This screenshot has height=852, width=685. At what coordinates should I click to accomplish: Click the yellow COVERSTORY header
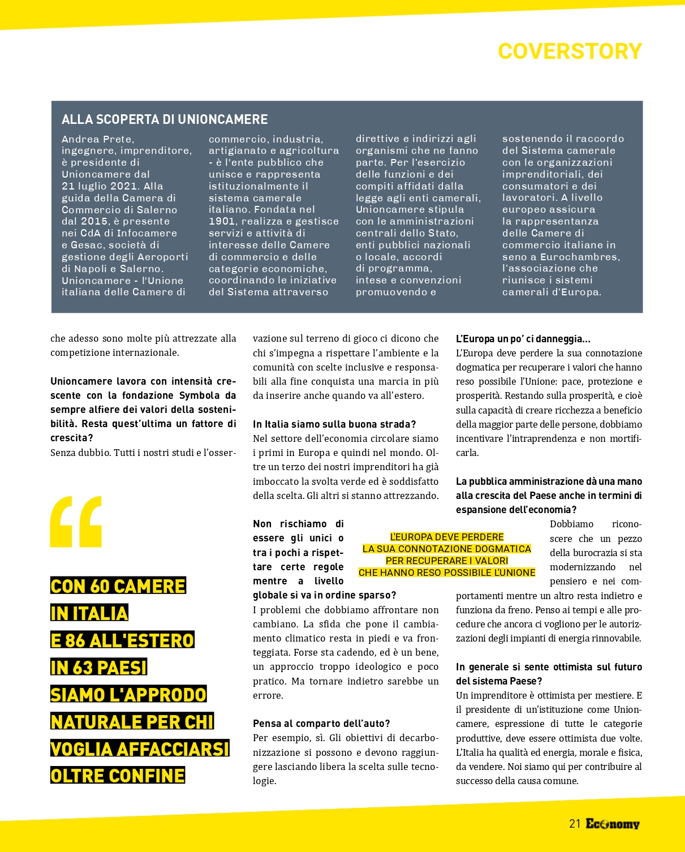click(570, 51)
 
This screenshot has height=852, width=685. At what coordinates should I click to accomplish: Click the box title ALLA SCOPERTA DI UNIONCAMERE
click(165, 119)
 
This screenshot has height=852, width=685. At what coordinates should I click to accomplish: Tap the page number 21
click(575, 824)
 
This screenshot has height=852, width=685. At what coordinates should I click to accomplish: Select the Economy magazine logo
click(613, 824)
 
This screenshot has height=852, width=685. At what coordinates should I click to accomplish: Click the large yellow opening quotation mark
click(76, 521)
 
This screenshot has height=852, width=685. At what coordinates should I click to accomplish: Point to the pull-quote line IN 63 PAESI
click(98, 668)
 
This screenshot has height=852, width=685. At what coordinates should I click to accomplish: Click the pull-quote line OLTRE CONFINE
click(118, 776)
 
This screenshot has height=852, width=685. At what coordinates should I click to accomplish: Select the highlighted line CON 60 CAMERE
click(118, 586)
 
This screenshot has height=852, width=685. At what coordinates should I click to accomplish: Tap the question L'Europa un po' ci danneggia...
click(523, 339)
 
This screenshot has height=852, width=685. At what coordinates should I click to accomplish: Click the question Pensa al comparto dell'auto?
click(321, 724)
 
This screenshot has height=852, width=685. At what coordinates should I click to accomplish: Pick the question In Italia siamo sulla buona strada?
click(334, 424)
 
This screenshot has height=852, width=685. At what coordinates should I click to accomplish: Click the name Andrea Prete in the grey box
click(97, 139)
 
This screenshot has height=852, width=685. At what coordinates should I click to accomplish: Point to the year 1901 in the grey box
click(222, 221)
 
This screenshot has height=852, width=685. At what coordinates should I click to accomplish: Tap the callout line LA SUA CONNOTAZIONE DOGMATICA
click(446, 549)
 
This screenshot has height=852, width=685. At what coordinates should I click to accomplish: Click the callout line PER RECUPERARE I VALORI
click(446, 561)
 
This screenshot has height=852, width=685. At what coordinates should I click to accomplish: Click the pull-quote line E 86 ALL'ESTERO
click(122, 640)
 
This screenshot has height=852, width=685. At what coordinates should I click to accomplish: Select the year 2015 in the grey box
click(94, 221)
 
